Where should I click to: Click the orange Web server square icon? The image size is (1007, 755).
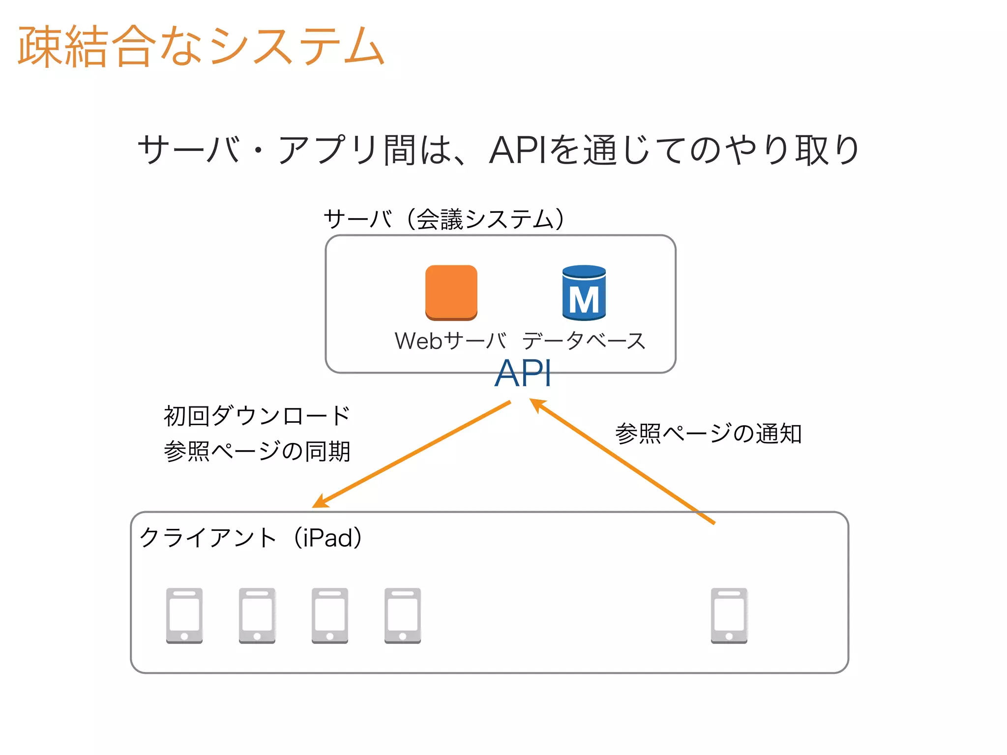tap(451, 292)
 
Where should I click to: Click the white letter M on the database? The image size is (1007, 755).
tap(584, 300)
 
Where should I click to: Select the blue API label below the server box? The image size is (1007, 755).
tap(523, 374)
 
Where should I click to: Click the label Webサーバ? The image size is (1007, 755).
tap(450, 341)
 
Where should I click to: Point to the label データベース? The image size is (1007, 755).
tap(584, 341)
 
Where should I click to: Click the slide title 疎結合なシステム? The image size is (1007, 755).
tap(201, 47)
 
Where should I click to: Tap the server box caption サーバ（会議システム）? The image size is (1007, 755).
tap(445, 219)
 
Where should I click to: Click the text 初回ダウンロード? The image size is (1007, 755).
tap(257, 416)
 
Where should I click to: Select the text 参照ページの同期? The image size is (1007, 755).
tap(257, 451)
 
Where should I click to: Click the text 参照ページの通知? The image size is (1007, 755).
tap(708, 434)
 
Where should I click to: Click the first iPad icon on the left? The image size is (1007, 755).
tap(184, 615)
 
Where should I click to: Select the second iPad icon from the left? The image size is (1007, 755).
tap(257, 615)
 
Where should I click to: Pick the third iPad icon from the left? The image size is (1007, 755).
tap(330, 615)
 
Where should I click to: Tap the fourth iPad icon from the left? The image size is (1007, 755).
tap(403, 615)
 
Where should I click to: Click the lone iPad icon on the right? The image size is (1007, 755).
tap(729, 615)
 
